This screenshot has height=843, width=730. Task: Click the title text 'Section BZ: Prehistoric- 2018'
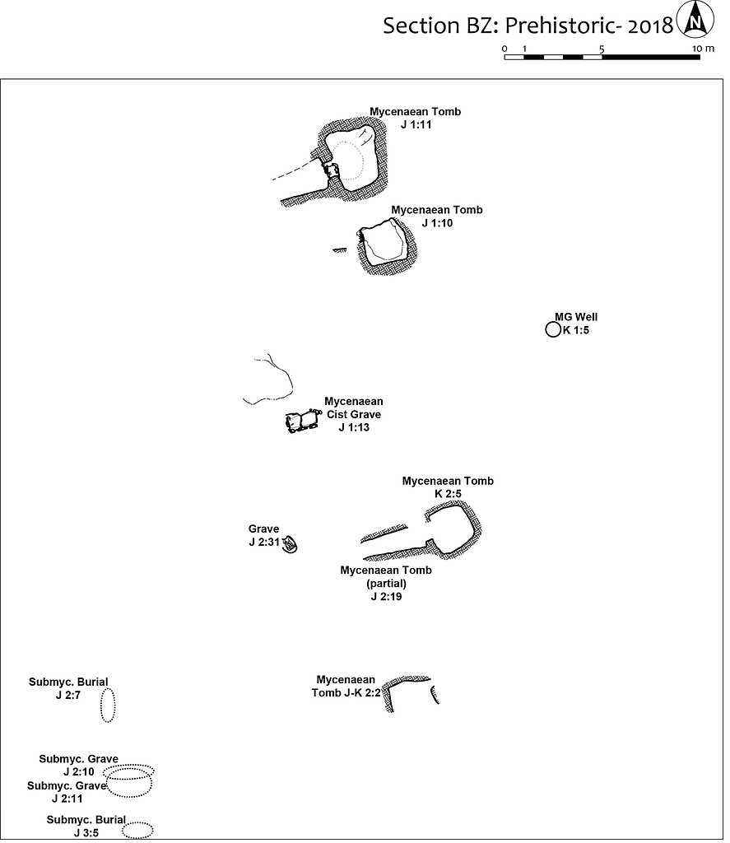pyautogui.click(x=528, y=26)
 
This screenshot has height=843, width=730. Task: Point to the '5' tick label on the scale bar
pyautogui.click(x=602, y=49)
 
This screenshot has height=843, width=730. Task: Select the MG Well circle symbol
pyautogui.click(x=553, y=331)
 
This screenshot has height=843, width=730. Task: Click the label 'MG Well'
pyautogui.click(x=576, y=317)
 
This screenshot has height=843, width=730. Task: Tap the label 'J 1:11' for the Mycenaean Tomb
pyautogui.click(x=416, y=125)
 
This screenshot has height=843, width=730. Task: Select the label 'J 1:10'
pyautogui.click(x=437, y=223)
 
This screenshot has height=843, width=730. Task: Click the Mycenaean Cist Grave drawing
pyautogui.click(x=301, y=421)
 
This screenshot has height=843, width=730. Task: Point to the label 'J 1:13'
pyautogui.click(x=353, y=428)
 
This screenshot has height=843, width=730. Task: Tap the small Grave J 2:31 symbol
pyautogui.click(x=290, y=546)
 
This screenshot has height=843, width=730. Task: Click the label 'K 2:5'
pyautogui.click(x=449, y=494)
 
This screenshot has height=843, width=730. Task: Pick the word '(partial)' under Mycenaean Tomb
pyautogui.click(x=386, y=584)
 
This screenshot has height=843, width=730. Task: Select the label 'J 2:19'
pyautogui.click(x=386, y=597)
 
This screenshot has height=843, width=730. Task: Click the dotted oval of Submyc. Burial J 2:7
pyautogui.click(x=108, y=705)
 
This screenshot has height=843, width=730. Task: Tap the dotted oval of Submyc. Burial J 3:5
pyautogui.click(x=137, y=830)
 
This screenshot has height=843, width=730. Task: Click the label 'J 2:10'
pyautogui.click(x=78, y=772)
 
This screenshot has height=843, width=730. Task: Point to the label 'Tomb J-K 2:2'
pyautogui.click(x=346, y=693)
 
